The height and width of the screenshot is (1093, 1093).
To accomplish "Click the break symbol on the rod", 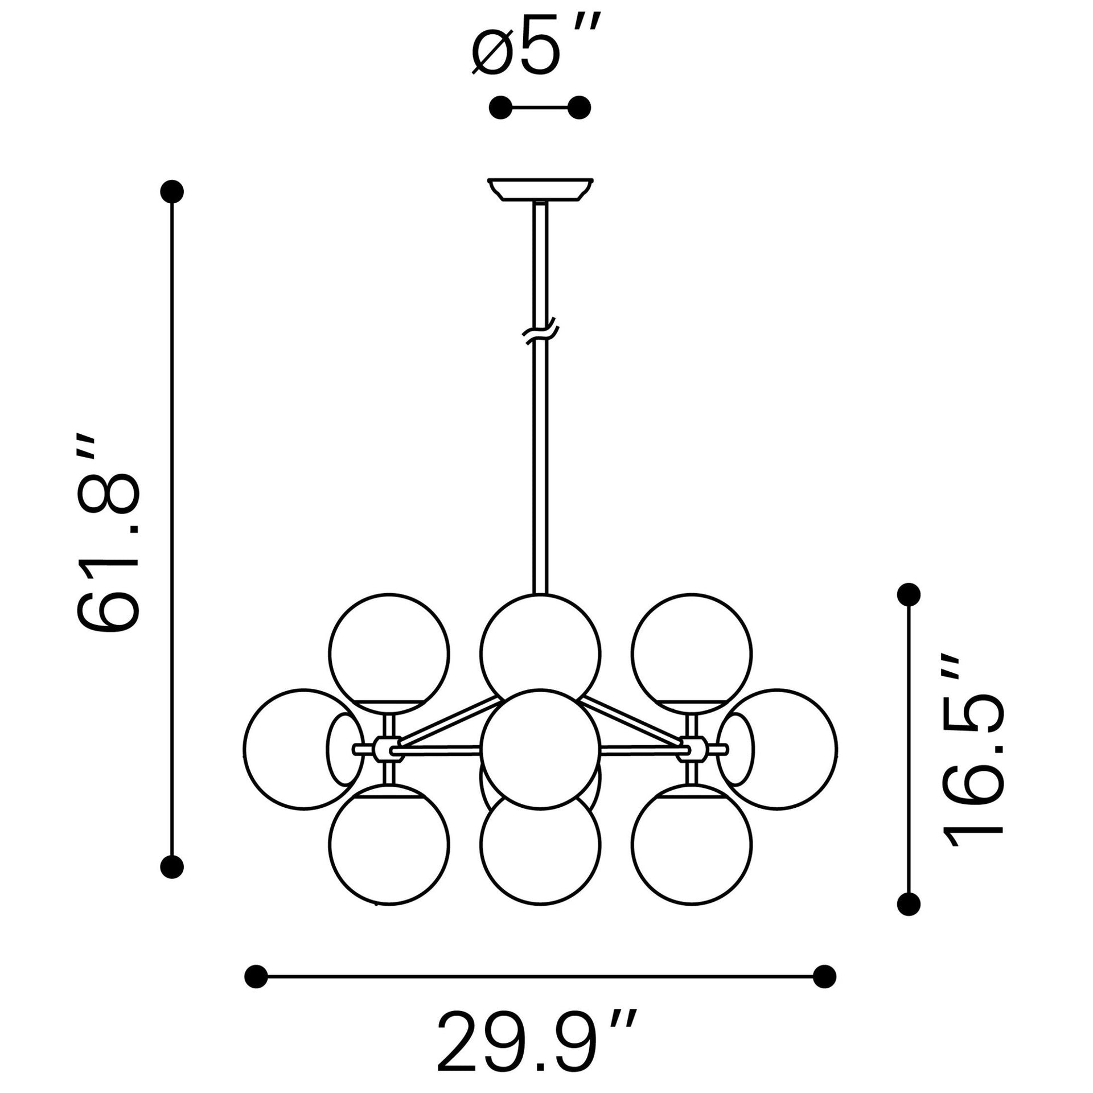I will [540, 334].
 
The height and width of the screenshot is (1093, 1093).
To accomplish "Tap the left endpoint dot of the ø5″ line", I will [501, 107].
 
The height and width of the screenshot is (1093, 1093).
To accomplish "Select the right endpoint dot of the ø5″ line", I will [580, 107].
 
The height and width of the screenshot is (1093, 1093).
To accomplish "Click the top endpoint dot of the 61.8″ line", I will [172, 191].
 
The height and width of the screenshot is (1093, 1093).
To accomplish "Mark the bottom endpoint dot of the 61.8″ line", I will [172, 867].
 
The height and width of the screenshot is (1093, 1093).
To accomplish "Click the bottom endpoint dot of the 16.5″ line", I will [909, 919].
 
